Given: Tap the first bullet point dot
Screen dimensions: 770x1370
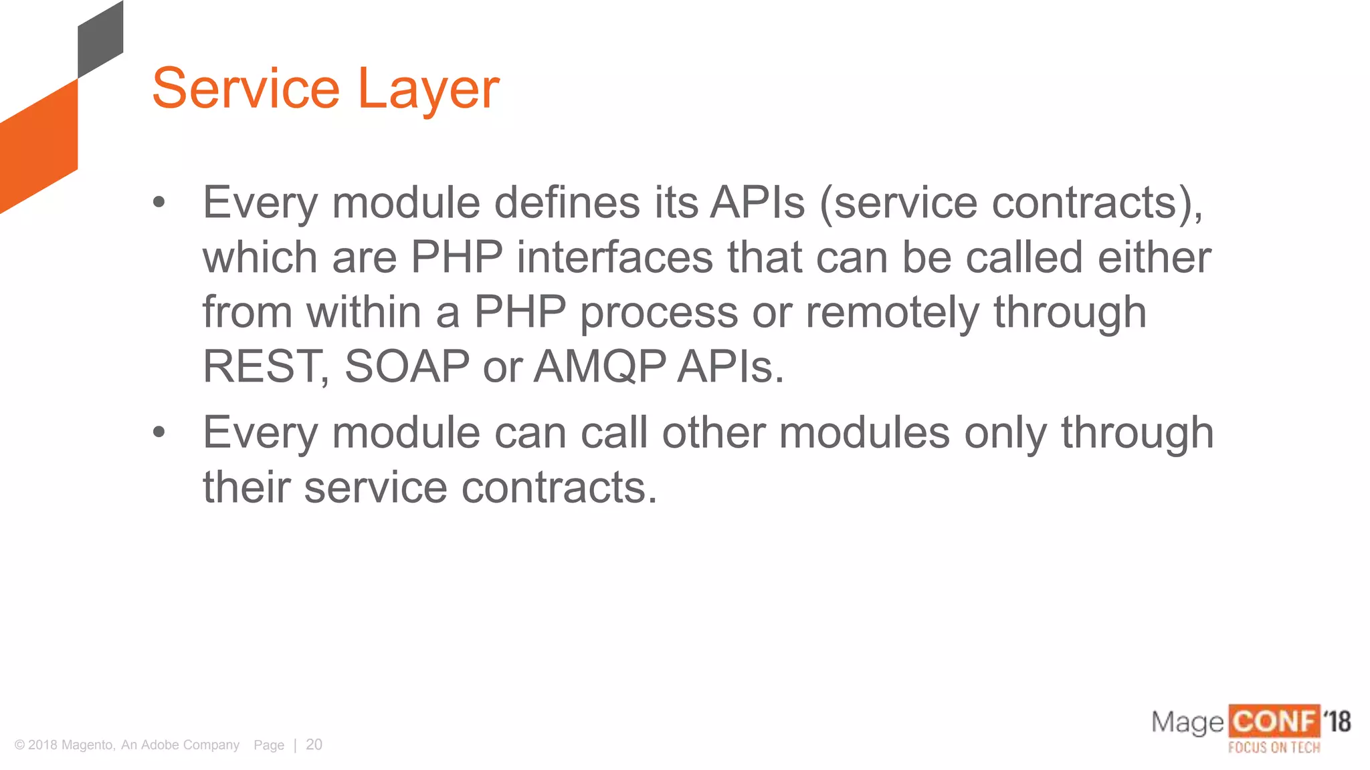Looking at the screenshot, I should tap(159, 202).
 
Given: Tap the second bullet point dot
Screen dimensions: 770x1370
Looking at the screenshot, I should tap(159, 432).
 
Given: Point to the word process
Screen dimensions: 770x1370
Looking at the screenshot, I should tap(658, 313).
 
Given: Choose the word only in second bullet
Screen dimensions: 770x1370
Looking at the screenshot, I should tap(1005, 433).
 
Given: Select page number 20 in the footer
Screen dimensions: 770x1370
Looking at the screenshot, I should tap(314, 745).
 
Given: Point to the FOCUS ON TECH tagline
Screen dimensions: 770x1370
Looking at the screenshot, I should tap(1274, 747).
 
